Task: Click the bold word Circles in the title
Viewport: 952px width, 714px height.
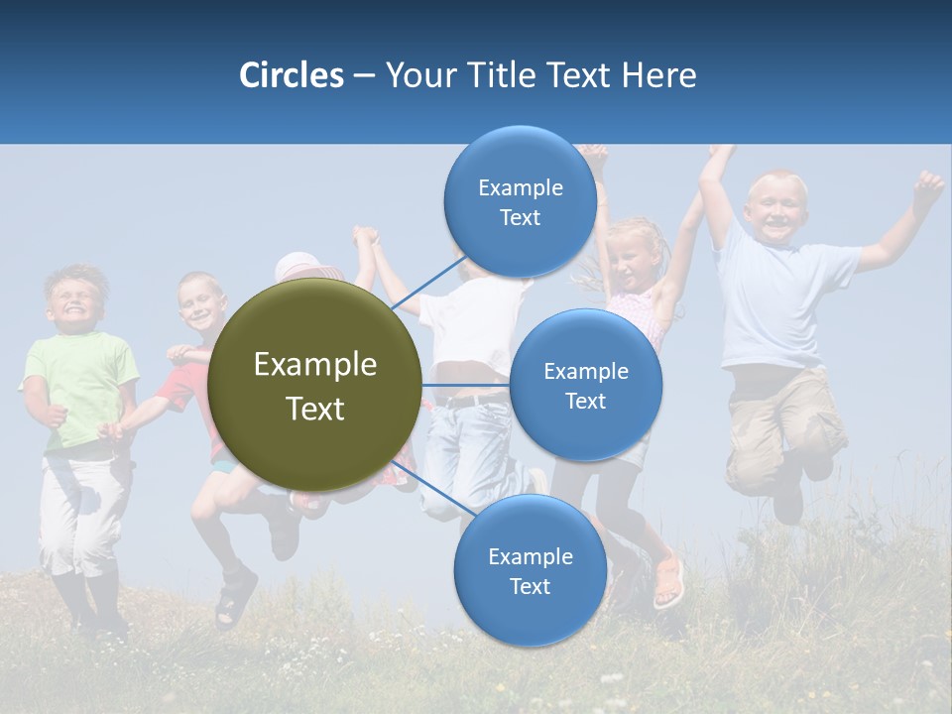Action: click(292, 75)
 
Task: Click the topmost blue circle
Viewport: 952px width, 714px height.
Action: click(520, 201)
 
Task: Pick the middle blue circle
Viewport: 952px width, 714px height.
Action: click(585, 385)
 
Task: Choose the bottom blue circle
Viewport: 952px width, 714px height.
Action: click(530, 571)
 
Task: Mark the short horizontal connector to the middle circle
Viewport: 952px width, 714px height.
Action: click(464, 385)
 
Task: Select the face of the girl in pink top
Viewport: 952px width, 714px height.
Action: click(632, 256)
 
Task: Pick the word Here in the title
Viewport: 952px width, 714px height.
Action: click(658, 75)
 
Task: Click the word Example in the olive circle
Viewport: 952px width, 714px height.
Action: click(315, 365)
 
